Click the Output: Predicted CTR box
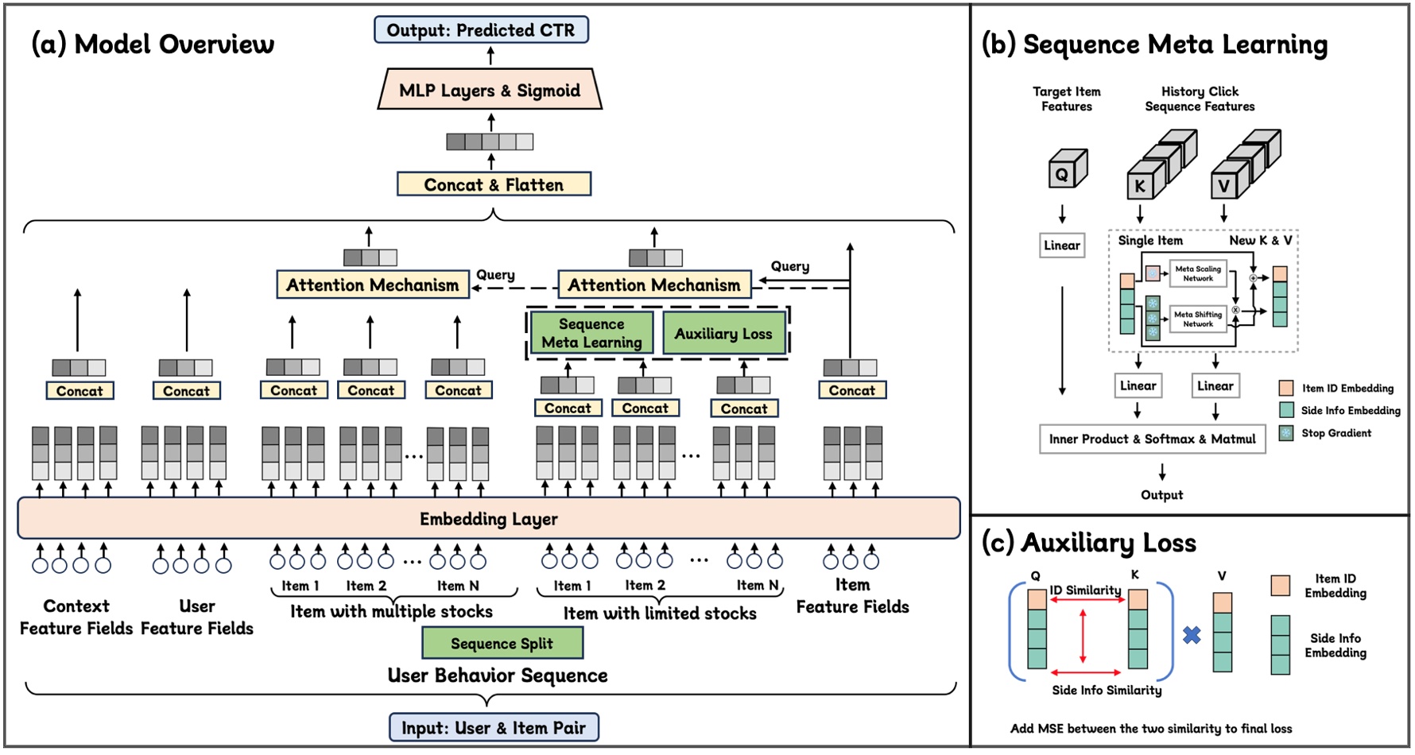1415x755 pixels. [x=481, y=30]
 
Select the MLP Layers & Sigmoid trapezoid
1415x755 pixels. [x=490, y=90]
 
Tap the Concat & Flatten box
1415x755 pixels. [x=494, y=184]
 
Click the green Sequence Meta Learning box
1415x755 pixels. [x=591, y=333]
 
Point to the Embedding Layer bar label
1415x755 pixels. [x=488, y=519]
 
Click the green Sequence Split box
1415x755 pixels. [x=502, y=643]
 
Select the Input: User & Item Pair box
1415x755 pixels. [x=493, y=727]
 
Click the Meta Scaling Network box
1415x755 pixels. [x=1198, y=273]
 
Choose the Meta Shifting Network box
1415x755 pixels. [x=1198, y=319]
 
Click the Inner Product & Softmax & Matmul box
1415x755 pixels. [x=1152, y=439]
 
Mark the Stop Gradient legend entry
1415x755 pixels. [x=1336, y=433]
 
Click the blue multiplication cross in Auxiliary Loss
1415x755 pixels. [x=1191, y=635]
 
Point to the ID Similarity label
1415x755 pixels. [x=1085, y=590]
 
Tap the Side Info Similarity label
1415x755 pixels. [x=1107, y=690]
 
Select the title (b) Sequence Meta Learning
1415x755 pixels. [x=1154, y=45]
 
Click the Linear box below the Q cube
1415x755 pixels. [x=1061, y=246]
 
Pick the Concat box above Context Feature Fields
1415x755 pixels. [x=79, y=391]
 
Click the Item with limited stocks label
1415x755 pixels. [x=660, y=613]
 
